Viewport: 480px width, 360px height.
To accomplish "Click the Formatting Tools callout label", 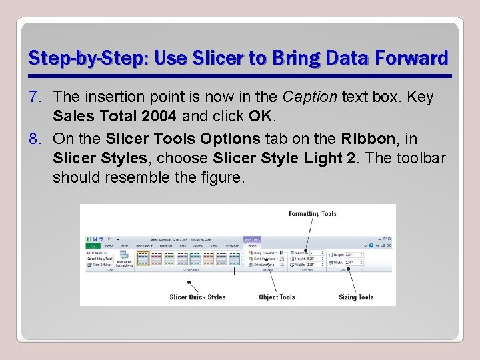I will pyautogui.click(x=312, y=214).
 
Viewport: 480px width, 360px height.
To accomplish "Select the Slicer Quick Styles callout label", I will pyautogui.click(x=197, y=297).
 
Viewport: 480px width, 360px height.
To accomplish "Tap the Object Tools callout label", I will pyautogui.click(x=277, y=297).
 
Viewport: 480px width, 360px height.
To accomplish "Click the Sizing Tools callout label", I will pyautogui.click(x=356, y=297).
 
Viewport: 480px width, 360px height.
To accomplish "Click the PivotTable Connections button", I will pyautogui.click(x=125, y=260).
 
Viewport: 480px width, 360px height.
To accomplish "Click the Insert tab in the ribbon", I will pyautogui.click(x=123, y=245).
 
